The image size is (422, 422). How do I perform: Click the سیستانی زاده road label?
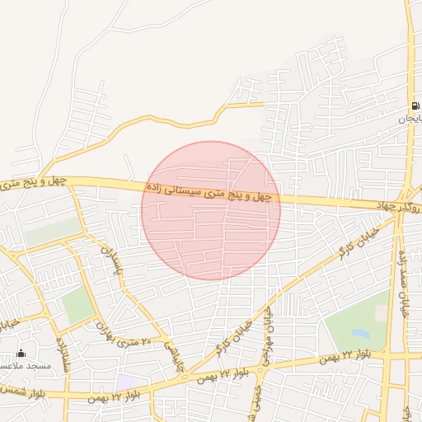pyautogui.click(x=210, y=192)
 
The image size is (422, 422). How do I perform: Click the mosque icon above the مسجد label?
pyautogui.click(x=21, y=354)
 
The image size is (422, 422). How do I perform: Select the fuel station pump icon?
pyautogui.click(x=413, y=106)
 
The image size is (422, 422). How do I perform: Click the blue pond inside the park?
pyautogui.click(x=360, y=334)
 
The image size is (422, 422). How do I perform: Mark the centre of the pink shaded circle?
pyautogui.click(x=211, y=210)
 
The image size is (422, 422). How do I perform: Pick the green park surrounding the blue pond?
pyautogui.click(x=350, y=321)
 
